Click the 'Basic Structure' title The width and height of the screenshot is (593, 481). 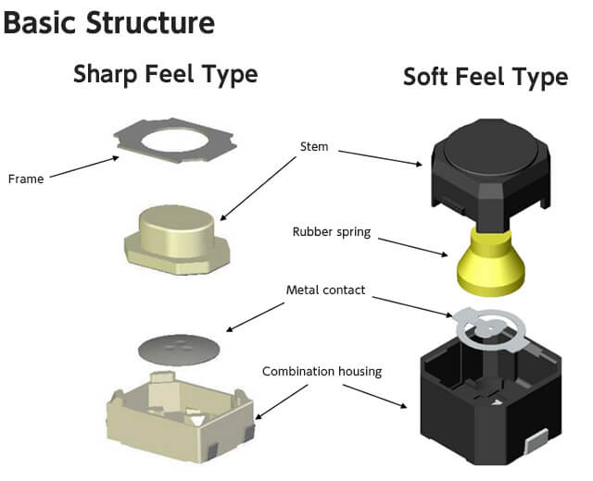109,21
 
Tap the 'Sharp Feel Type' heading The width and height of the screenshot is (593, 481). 165,74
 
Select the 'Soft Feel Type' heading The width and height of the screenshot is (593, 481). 485,77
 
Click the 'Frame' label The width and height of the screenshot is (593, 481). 25,179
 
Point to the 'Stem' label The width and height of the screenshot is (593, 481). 314,146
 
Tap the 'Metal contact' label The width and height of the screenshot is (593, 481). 325,290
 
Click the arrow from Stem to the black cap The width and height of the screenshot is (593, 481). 377,155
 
